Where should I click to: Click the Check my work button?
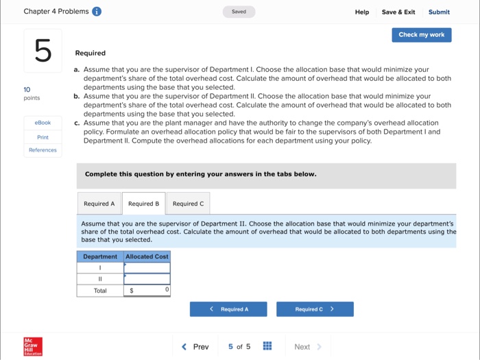[x=421, y=35]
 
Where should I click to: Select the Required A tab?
[x=99, y=204]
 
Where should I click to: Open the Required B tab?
[x=143, y=204]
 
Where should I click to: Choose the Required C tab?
[x=188, y=204]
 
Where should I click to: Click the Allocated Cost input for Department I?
[x=147, y=267]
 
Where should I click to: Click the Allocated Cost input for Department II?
[x=147, y=279]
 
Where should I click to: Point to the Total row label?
[x=100, y=291]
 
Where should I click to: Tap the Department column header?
[x=100, y=256]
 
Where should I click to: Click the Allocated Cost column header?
[x=147, y=256]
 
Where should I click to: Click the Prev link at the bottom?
[x=195, y=347]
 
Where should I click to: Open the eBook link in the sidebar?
[x=43, y=123]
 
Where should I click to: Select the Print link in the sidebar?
[x=43, y=137]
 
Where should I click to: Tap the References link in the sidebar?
[x=43, y=150]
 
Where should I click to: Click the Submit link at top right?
[x=439, y=12]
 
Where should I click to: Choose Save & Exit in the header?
[x=398, y=12]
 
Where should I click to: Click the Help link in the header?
[x=362, y=12]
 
